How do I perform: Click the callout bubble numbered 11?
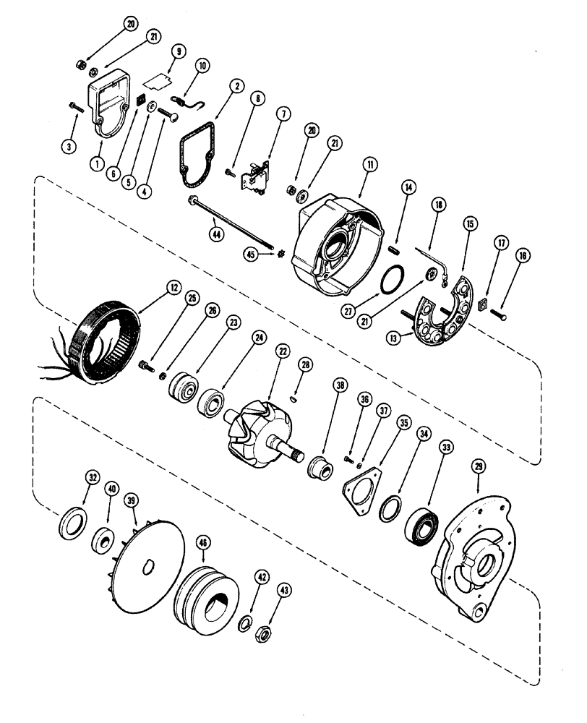click(369, 166)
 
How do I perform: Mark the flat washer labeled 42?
click(245, 623)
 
